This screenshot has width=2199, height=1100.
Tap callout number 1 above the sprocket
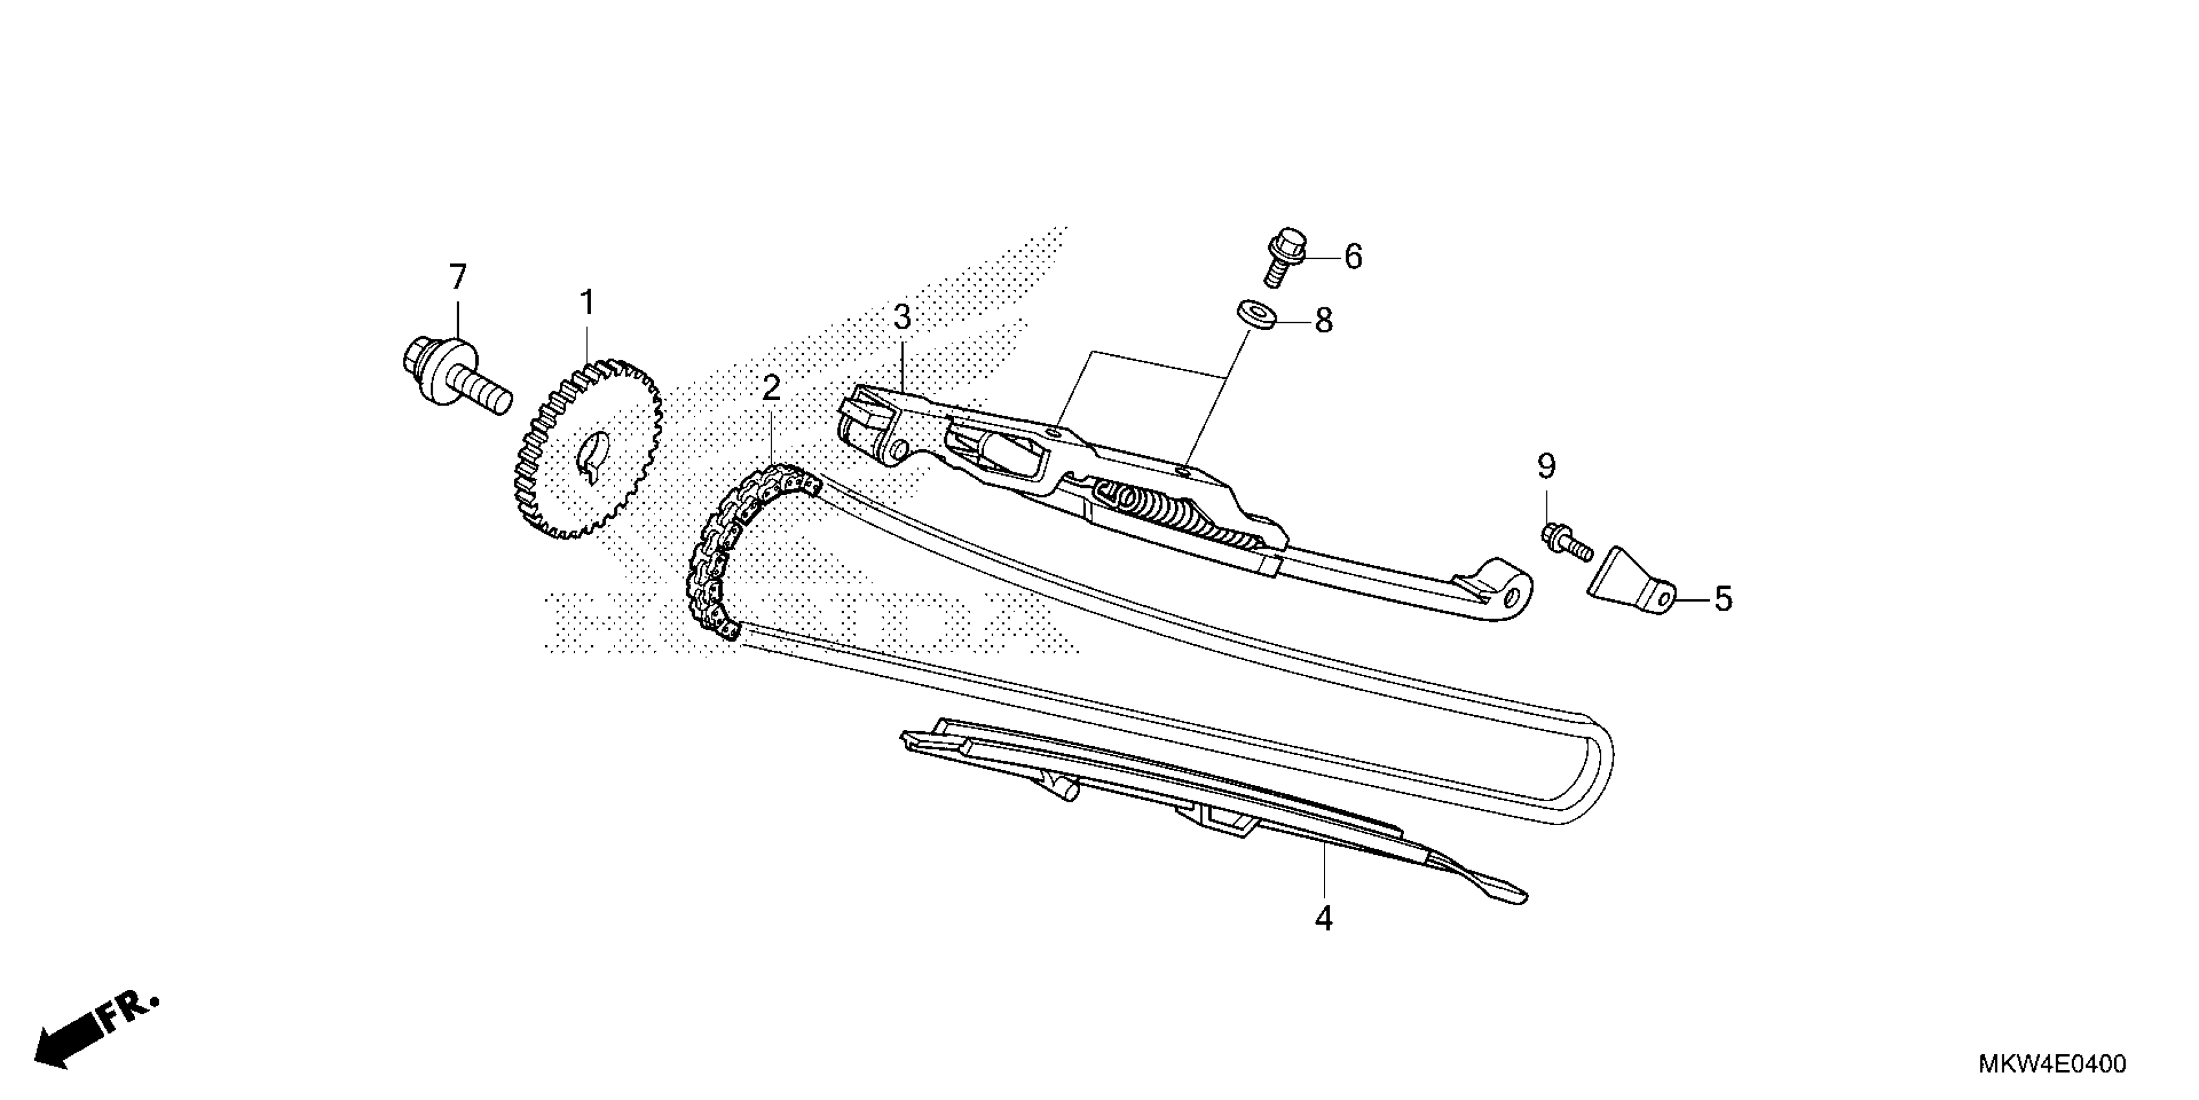pos(587,302)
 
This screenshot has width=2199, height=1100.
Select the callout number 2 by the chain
pos(771,389)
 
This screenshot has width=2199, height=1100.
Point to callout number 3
pos(902,318)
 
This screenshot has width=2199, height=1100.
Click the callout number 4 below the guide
pos(1323,918)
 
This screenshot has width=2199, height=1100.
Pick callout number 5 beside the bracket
pos(1723,600)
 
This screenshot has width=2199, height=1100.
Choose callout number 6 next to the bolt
pos(1353,256)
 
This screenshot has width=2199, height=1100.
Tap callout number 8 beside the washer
pos(1323,321)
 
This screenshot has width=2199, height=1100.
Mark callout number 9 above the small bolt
pos(1546,467)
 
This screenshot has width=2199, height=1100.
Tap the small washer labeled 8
pos(1254,313)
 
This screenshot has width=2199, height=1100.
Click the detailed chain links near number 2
pos(726,547)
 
